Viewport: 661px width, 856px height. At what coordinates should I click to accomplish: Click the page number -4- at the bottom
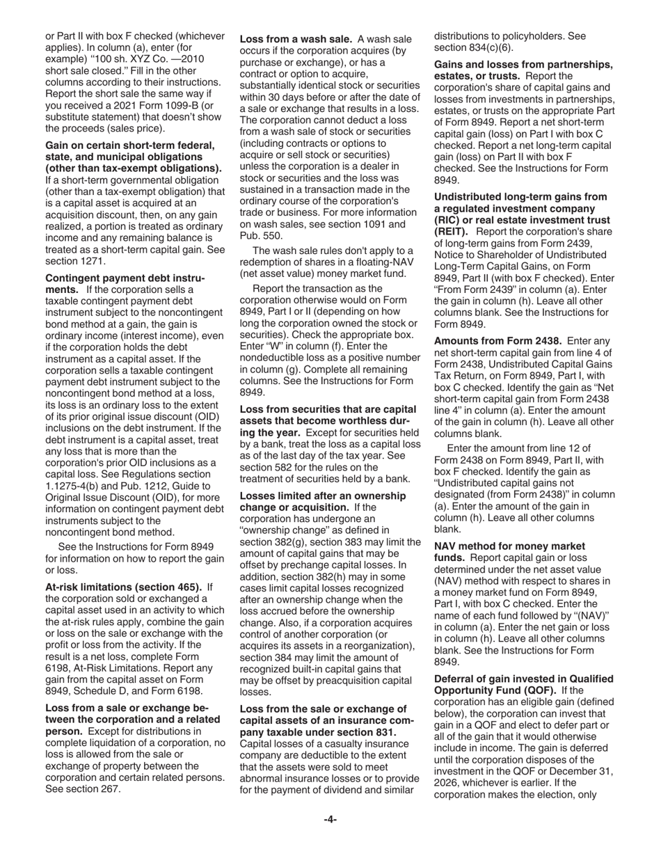[x=330, y=819]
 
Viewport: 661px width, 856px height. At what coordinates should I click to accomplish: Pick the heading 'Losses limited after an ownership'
[x=322, y=496]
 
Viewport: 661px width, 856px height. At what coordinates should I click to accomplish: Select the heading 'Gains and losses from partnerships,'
[x=523, y=65]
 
